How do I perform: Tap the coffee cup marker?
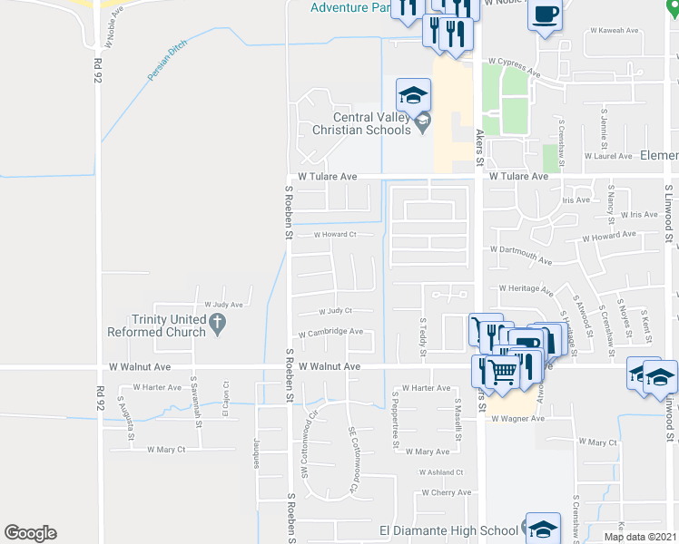point(544,15)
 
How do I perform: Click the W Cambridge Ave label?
point(330,332)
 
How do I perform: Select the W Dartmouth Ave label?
point(520,255)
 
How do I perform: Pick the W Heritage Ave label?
point(526,289)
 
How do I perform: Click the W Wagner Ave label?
point(517,419)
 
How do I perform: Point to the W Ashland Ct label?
point(441,472)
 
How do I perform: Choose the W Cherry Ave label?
point(446,493)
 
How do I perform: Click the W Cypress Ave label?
point(514,63)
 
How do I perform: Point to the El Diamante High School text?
point(448,530)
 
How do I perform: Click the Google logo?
point(30,533)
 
